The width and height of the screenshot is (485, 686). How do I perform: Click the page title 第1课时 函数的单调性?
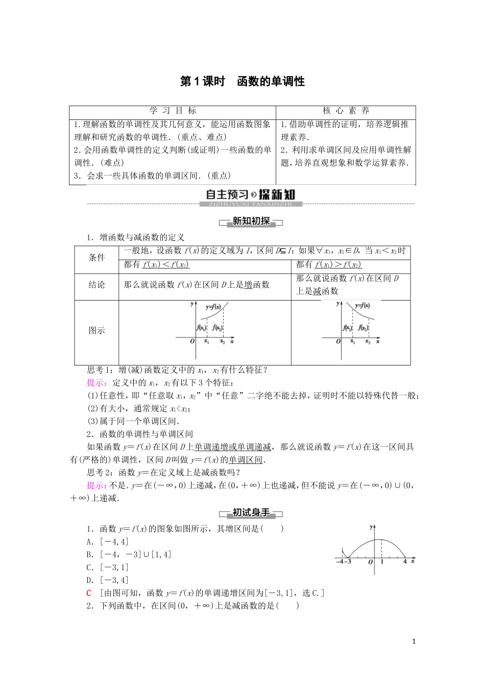pyautogui.click(x=243, y=82)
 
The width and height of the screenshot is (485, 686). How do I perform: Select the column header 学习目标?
pyautogui.click(x=173, y=111)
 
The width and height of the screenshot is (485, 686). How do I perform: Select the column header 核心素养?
pyautogui.click(x=346, y=111)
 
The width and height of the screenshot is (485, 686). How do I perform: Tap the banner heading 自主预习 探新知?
pyautogui.click(x=250, y=194)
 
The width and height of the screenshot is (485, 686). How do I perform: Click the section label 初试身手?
pyautogui.click(x=250, y=513)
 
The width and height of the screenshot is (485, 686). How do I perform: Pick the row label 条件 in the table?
pyautogui.click(x=97, y=258)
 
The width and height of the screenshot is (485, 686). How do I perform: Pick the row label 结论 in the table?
pyautogui.click(x=97, y=285)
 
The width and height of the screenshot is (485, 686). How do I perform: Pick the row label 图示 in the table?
pyautogui.click(x=97, y=330)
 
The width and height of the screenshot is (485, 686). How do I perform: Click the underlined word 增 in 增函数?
pyautogui.click(x=248, y=285)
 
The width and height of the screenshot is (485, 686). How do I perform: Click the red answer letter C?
pyautogui.click(x=89, y=593)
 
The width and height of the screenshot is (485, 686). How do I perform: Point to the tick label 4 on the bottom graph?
pyautogui.click(x=405, y=561)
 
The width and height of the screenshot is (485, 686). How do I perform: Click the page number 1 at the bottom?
pyautogui.click(x=414, y=641)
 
